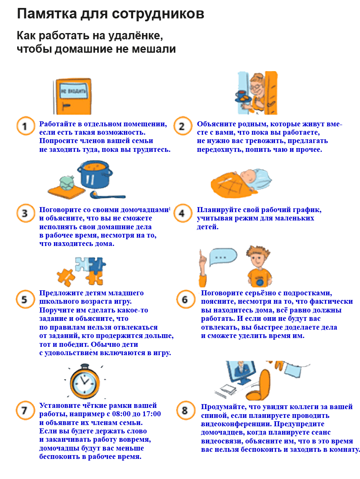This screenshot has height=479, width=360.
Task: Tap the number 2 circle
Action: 183,126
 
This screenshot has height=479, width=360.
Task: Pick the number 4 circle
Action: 183,213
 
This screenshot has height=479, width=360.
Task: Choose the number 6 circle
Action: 185,300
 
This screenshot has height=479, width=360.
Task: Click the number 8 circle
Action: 185,411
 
